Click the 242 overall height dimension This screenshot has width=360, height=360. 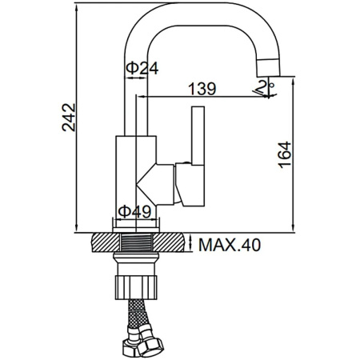69,118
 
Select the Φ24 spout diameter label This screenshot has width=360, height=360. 142,68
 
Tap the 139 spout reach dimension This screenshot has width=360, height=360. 202,89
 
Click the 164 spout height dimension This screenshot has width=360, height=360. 284,154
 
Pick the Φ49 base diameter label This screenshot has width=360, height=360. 134,212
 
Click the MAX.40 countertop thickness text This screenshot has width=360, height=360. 230,245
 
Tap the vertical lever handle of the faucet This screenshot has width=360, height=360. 198,135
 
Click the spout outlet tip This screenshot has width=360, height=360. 269,67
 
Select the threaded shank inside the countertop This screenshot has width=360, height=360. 136,242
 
